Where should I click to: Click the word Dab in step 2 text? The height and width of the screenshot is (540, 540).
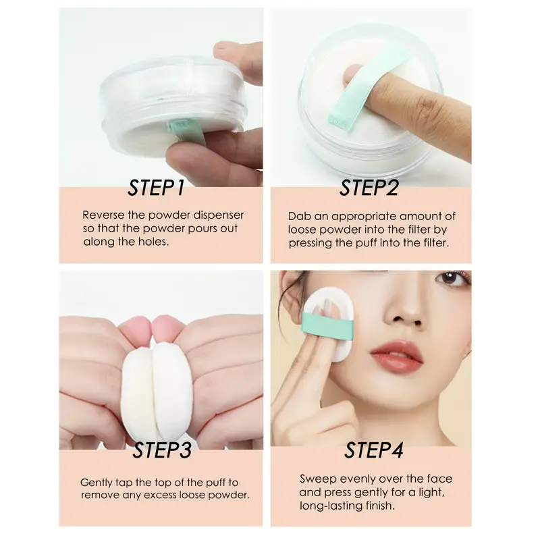[x=299, y=217]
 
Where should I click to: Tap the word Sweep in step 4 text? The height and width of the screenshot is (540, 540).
[x=316, y=479]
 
